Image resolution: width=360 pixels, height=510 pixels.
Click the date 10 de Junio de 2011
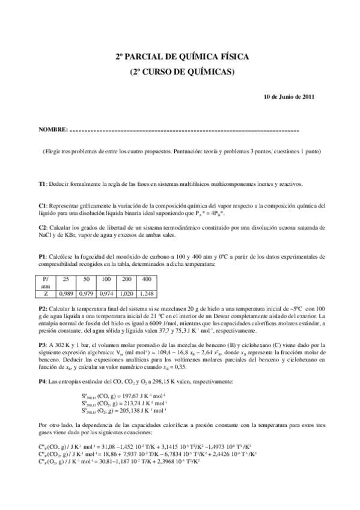[289, 97]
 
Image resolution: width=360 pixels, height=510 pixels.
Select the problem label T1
[42, 183]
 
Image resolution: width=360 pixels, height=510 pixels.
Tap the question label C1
[42, 205]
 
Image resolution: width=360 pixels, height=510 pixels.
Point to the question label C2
[42, 227]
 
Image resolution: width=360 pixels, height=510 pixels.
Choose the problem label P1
[42, 256]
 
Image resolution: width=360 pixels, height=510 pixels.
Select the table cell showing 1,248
[146, 294]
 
